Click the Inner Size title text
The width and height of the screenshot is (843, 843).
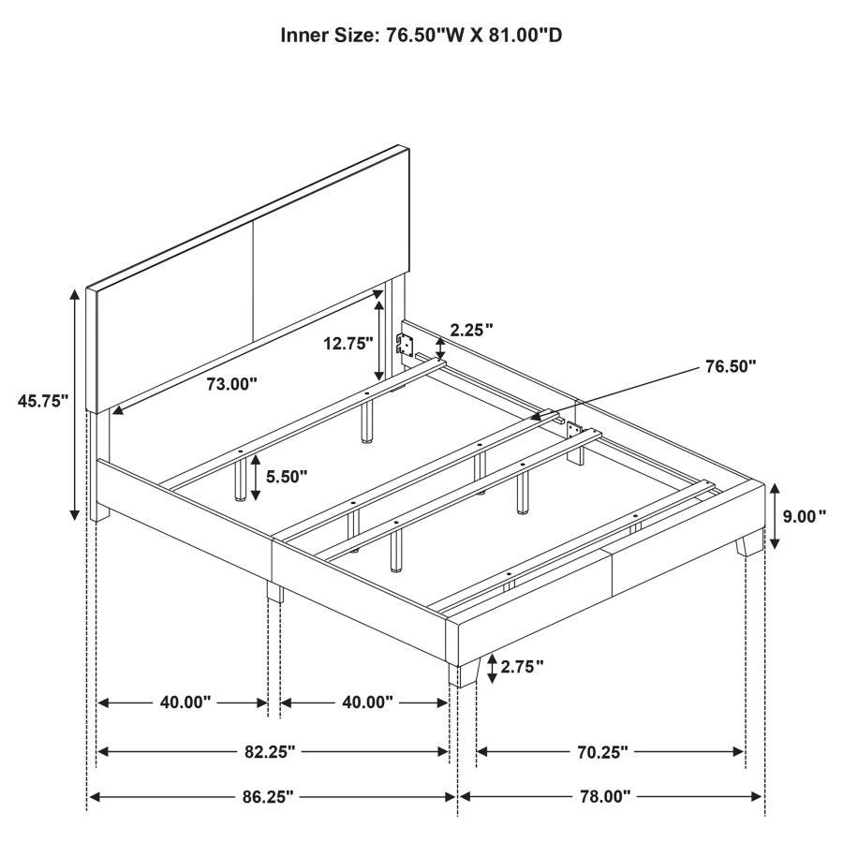coord(421,36)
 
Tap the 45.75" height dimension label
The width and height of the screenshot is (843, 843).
coord(44,401)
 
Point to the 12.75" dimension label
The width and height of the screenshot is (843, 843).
coord(349,344)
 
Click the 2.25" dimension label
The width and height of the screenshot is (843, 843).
coord(471,330)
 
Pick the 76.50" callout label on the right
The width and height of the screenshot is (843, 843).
coord(730,366)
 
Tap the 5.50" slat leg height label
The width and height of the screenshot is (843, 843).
coord(287,476)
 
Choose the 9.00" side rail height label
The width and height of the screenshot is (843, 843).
coord(806,515)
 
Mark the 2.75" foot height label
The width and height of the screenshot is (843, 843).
coord(523,667)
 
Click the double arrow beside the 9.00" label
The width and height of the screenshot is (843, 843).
coord(774,516)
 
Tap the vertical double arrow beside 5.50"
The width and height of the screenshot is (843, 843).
coord(256,476)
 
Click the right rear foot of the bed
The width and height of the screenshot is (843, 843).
coord(747,545)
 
